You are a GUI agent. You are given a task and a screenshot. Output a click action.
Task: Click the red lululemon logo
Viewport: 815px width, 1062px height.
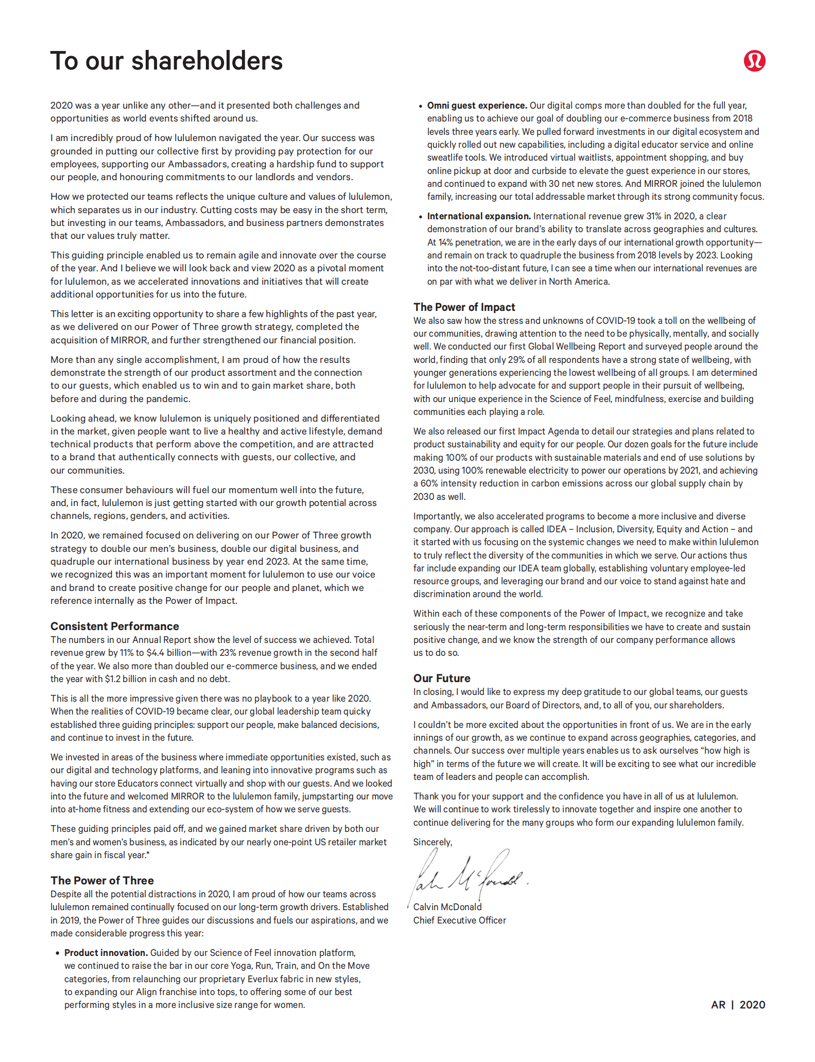pyautogui.click(x=754, y=61)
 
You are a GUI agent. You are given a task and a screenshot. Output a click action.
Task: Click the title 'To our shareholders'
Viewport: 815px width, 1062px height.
pyautogui.click(x=166, y=61)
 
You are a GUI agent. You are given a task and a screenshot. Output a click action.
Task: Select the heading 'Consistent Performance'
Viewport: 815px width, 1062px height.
pyautogui.click(x=115, y=626)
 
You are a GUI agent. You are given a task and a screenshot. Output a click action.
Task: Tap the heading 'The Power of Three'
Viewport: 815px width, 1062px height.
pyautogui.click(x=102, y=880)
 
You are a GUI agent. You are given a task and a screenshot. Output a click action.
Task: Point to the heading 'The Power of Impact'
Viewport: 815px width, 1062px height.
pyautogui.click(x=464, y=307)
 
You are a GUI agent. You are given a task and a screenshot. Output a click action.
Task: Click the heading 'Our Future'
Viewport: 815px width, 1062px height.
pyautogui.click(x=442, y=678)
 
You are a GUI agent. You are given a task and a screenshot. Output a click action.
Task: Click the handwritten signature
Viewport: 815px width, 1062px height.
pyautogui.click(x=469, y=875)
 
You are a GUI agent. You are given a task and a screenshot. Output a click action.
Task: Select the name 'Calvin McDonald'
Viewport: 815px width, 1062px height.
pyautogui.click(x=447, y=907)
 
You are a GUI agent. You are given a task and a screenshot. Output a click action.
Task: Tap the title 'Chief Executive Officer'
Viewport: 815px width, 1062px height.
pyautogui.click(x=459, y=920)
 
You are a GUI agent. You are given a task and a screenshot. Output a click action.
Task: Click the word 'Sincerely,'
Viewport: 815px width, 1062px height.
pyautogui.click(x=432, y=842)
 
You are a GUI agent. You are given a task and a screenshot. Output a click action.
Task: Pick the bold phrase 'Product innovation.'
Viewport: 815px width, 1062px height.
pyautogui.click(x=106, y=953)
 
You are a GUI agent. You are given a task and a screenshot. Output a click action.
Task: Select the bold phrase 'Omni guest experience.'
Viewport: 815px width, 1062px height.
pyautogui.click(x=477, y=106)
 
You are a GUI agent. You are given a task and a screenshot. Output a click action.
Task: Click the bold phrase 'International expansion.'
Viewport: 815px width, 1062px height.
pyautogui.click(x=479, y=216)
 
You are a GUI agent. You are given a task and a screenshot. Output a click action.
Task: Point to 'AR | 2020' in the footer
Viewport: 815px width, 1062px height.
pyautogui.click(x=738, y=1005)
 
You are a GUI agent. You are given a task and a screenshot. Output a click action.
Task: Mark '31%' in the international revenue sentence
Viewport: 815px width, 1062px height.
pyautogui.click(x=654, y=216)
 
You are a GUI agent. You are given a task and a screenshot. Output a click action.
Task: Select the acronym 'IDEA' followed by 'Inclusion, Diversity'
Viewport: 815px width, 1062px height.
pyautogui.click(x=557, y=529)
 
